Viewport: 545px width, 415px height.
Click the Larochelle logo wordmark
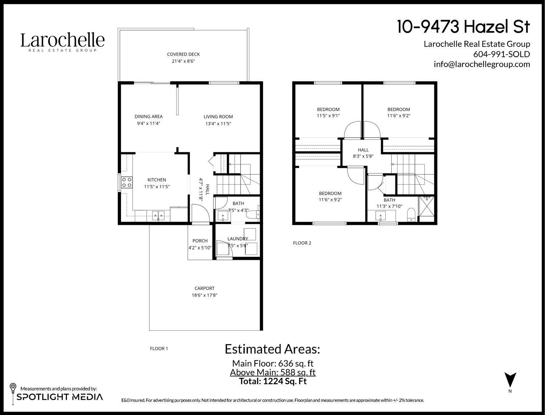click(62, 40)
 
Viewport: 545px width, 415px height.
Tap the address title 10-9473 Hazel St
click(463, 27)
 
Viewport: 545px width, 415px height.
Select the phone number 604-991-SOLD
click(501, 54)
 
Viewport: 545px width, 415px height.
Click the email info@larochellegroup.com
click(482, 64)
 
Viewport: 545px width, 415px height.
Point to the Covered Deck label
click(183, 55)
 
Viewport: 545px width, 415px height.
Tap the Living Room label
click(218, 117)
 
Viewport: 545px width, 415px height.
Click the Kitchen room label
click(157, 180)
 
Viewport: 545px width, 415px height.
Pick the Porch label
click(200, 241)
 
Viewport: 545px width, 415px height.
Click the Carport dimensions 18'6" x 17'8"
click(204, 295)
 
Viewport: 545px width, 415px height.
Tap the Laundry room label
click(238, 239)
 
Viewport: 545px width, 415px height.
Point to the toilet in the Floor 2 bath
click(411, 214)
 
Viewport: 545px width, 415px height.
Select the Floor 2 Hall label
click(363, 150)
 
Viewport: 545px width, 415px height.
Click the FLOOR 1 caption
click(159, 349)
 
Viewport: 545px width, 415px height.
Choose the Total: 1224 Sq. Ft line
click(272, 381)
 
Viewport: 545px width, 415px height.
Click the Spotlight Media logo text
click(60, 397)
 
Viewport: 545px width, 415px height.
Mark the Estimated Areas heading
click(272, 349)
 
